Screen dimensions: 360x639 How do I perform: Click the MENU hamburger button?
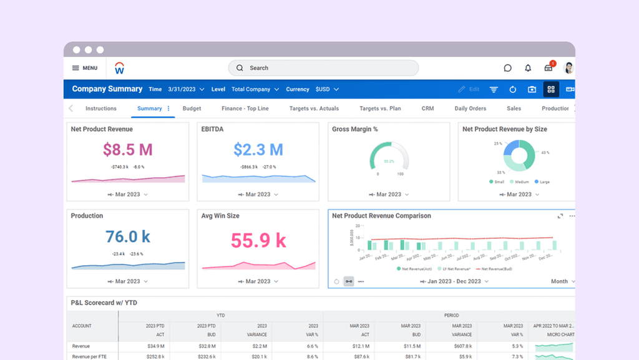[85, 68]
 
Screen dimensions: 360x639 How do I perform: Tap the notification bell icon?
[528, 68]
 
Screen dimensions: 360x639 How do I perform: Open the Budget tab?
[192, 109]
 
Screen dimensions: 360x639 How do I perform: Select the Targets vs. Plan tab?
[380, 109]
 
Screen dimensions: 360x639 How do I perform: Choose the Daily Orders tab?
[470, 109]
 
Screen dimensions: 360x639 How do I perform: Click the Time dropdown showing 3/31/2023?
[185, 89]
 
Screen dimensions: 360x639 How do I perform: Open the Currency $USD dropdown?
[326, 89]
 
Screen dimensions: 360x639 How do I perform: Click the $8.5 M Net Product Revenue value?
[128, 150]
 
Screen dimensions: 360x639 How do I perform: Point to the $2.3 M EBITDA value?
[258, 150]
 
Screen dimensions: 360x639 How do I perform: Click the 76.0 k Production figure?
[128, 236]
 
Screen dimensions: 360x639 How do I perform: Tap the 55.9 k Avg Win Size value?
[258, 240]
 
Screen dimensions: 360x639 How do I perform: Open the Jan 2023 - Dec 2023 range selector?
[454, 281]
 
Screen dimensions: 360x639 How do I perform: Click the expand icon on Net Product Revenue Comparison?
[560, 216]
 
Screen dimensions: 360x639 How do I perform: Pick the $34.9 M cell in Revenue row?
[156, 346]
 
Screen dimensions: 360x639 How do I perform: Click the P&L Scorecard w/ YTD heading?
[104, 303]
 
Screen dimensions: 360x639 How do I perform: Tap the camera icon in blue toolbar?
[532, 89]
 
